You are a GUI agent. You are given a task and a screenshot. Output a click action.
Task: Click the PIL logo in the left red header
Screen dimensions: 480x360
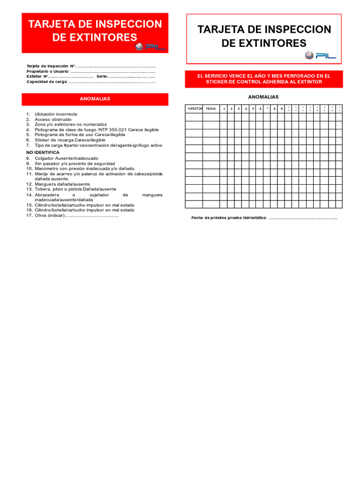(x=149, y=46)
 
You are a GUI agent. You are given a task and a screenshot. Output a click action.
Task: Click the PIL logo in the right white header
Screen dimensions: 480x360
(x=320, y=55)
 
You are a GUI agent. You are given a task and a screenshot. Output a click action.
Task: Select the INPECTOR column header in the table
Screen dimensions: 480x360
(x=194, y=109)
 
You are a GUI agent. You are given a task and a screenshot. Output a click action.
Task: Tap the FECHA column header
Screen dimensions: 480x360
(x=211, y=109)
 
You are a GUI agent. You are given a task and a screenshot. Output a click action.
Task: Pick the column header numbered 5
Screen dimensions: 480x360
(x=253, y=109)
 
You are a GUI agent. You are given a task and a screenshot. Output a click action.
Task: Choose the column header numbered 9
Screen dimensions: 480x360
(x=281, y=109)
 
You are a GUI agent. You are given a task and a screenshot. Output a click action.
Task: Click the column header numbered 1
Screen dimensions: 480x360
(x=224, y=109)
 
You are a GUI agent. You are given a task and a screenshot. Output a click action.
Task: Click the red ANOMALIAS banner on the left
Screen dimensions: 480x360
(x=95, y=99)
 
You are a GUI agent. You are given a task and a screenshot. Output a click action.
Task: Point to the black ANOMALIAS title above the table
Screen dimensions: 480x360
(x=263, y=97)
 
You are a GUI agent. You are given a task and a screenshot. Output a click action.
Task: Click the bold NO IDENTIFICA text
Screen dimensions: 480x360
(x=42, y=152)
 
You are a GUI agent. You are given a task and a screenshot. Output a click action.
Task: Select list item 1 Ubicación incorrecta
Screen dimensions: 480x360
(x=55, y=114)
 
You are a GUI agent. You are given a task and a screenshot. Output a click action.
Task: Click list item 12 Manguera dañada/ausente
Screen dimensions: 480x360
(x=62, y=184)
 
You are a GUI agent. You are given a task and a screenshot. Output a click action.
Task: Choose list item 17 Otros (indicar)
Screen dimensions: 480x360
(x=75, y=216)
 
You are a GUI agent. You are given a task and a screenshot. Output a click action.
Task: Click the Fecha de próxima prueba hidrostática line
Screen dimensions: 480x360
(x=264, y=218)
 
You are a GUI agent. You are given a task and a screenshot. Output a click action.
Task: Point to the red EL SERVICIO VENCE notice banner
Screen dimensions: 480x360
(x=263, y=79)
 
